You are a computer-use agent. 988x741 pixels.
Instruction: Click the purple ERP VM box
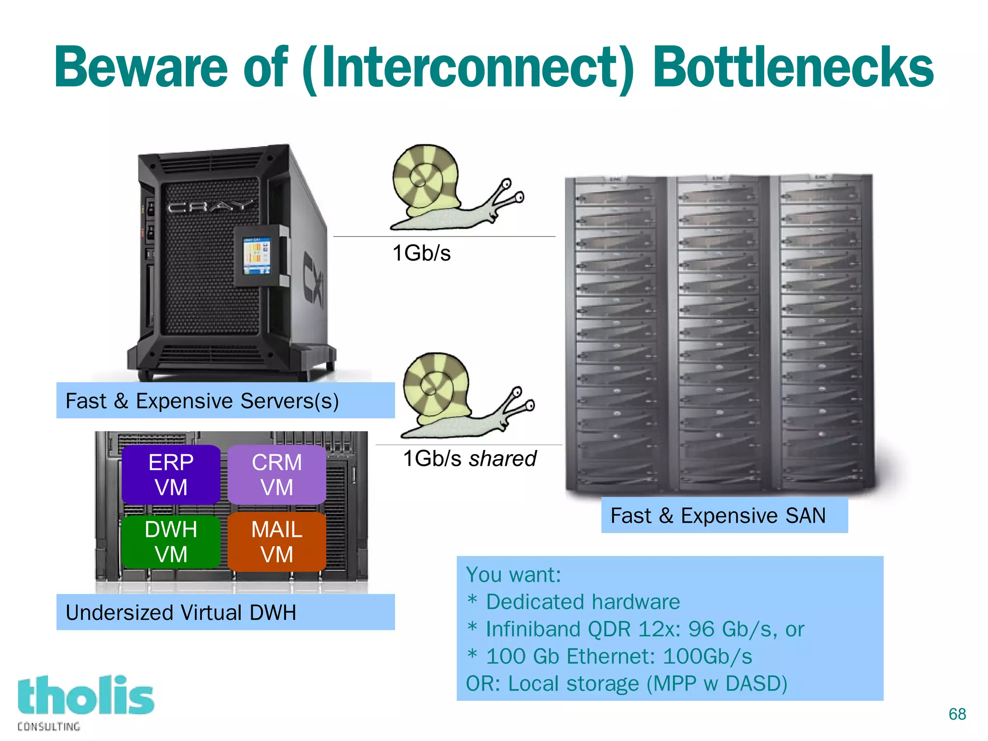click(x=171, y=475)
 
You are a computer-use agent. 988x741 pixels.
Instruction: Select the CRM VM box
click(x=276, y=475)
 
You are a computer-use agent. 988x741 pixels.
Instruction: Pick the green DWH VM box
click(x=171, y=542)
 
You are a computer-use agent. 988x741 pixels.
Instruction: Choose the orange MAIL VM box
click(x=276, y=542)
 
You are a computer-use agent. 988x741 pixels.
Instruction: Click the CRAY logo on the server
click(x=209, y=207)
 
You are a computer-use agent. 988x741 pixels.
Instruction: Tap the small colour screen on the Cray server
click(x=256, y=255)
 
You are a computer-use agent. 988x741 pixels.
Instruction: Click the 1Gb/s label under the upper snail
click(x=421, y=253)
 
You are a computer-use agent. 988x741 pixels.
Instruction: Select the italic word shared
click(x=502, y=459)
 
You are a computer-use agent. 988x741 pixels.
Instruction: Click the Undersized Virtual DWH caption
click(x=181, y=613)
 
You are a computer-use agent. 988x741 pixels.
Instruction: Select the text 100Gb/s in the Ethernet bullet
click(x=707, y=657)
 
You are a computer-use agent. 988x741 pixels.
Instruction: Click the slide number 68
click(x=957, y=714)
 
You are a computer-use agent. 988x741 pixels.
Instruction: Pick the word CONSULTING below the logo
click(x=49, y=727)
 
